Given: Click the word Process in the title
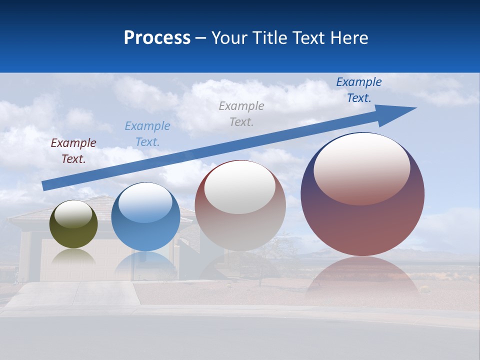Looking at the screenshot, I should (x=157, y=38).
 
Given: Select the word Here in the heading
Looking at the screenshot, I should (x=348, y=38).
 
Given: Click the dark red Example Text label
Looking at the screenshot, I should (x=73, y=151).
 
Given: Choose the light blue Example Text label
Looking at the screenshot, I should (x=147, y=134).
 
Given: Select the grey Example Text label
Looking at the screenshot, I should (x=241, y=114).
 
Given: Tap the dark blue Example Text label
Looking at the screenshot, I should (x=359, y=90).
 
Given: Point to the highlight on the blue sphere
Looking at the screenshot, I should (x=145, y=202).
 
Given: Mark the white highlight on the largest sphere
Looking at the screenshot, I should (x=362, y=167).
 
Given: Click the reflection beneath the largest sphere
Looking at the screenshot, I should (x=362, y=280).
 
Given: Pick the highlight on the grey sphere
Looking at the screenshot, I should (x=240, y=187).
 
